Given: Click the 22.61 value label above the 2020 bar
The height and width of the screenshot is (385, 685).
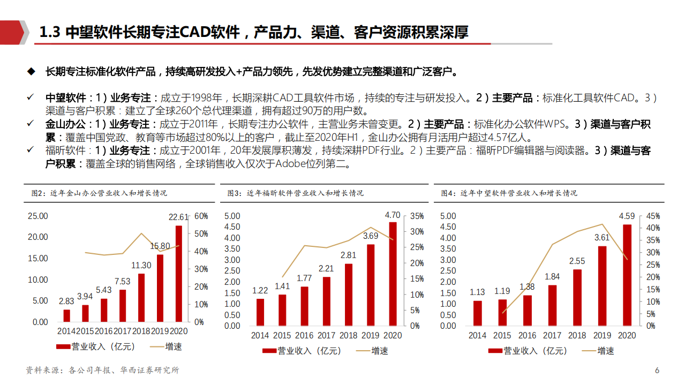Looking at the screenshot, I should [178, 217].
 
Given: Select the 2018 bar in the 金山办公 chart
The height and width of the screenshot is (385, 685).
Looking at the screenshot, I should [141, 298].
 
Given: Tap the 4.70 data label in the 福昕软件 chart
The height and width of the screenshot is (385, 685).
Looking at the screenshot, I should [393, 215].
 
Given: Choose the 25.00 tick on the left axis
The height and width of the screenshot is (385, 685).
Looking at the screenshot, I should [37, 216].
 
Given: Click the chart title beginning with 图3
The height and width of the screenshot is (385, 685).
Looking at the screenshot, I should [295, 193].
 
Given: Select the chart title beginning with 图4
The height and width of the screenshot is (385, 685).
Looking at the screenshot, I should [509, 193].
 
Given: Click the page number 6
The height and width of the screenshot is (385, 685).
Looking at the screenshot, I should [657, 371].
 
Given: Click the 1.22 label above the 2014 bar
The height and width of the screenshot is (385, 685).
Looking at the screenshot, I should [260, 291].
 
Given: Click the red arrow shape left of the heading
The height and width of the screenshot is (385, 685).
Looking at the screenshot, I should [13, 32].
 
